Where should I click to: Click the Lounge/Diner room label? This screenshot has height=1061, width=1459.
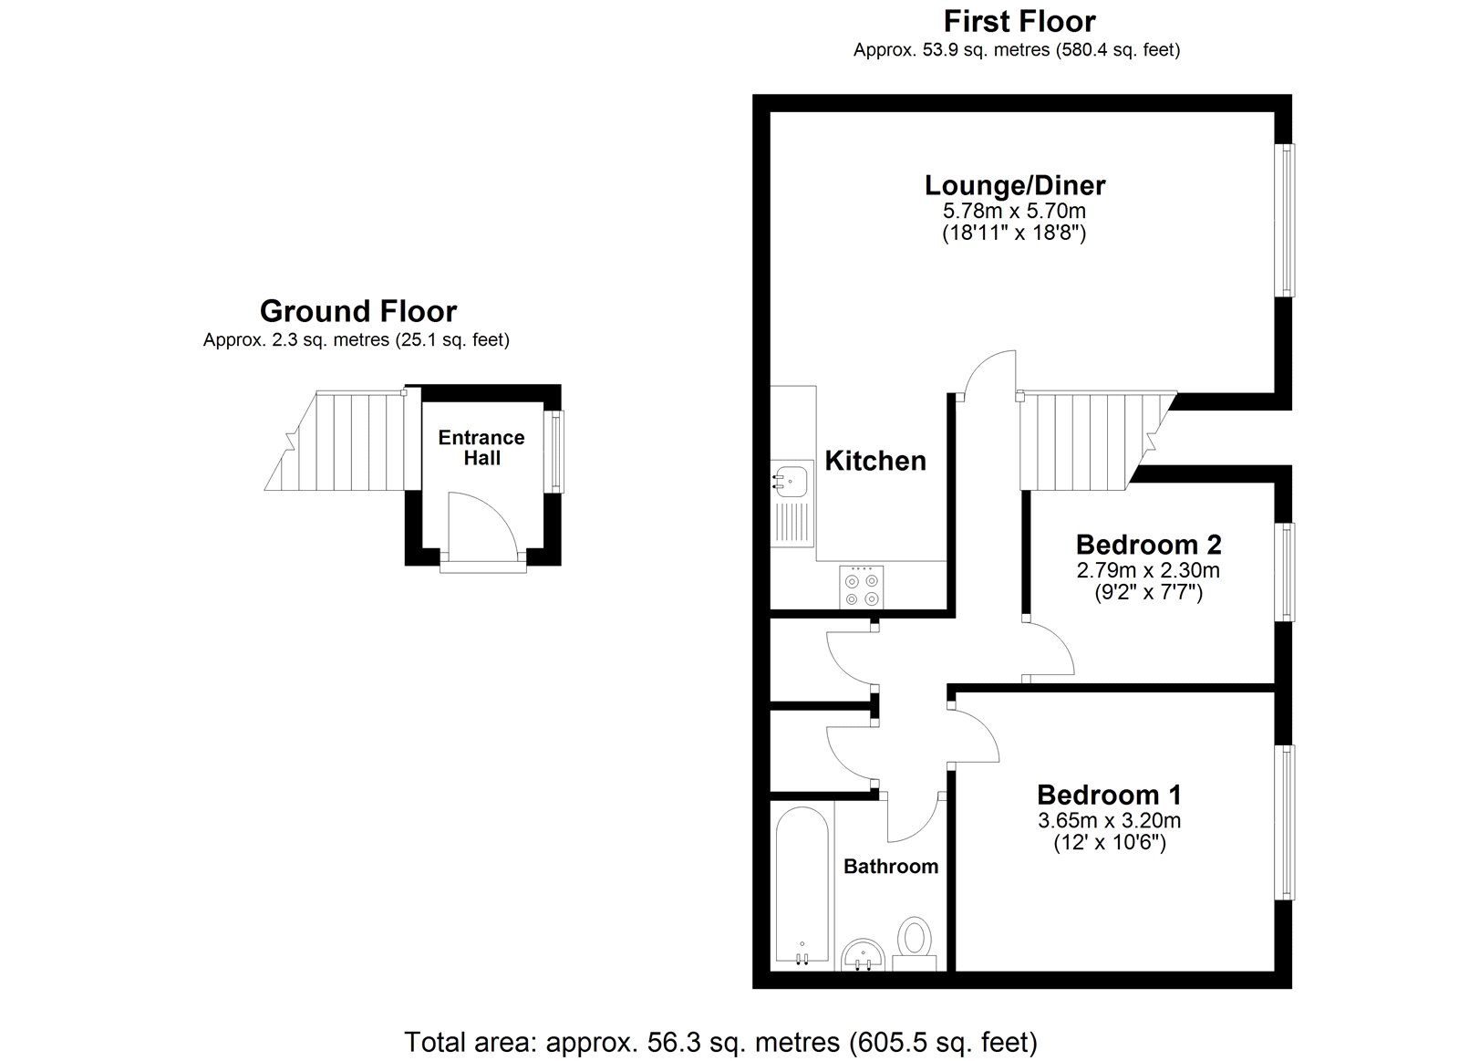(x=1014, y=185)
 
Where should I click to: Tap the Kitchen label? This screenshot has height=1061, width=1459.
(x=875, y=461)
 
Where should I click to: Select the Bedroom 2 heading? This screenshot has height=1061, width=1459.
(x=1148, y=545)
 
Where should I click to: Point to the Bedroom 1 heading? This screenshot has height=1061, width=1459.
(x=1109, y=794)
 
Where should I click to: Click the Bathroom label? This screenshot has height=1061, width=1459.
(x=890, y=866)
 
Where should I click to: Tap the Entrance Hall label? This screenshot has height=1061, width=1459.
(x=481, y=447)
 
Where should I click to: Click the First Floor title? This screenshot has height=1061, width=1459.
(x=1019, y=20)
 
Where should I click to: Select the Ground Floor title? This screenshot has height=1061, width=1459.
(x=357, y=311)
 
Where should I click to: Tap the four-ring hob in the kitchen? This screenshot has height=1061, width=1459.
(x=862, y=588)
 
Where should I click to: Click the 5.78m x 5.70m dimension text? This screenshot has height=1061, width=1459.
(x=1014, y=212)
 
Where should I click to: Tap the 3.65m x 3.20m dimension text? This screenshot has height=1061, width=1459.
(x=1109, y=820)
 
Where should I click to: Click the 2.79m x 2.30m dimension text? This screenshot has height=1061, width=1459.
(x=1148, y=571)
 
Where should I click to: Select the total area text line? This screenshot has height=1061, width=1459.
(x=720, y=1041)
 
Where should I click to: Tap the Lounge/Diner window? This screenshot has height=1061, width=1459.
(x=1285, y=219)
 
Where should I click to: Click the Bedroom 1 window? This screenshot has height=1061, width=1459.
(x=1285, y=821)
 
